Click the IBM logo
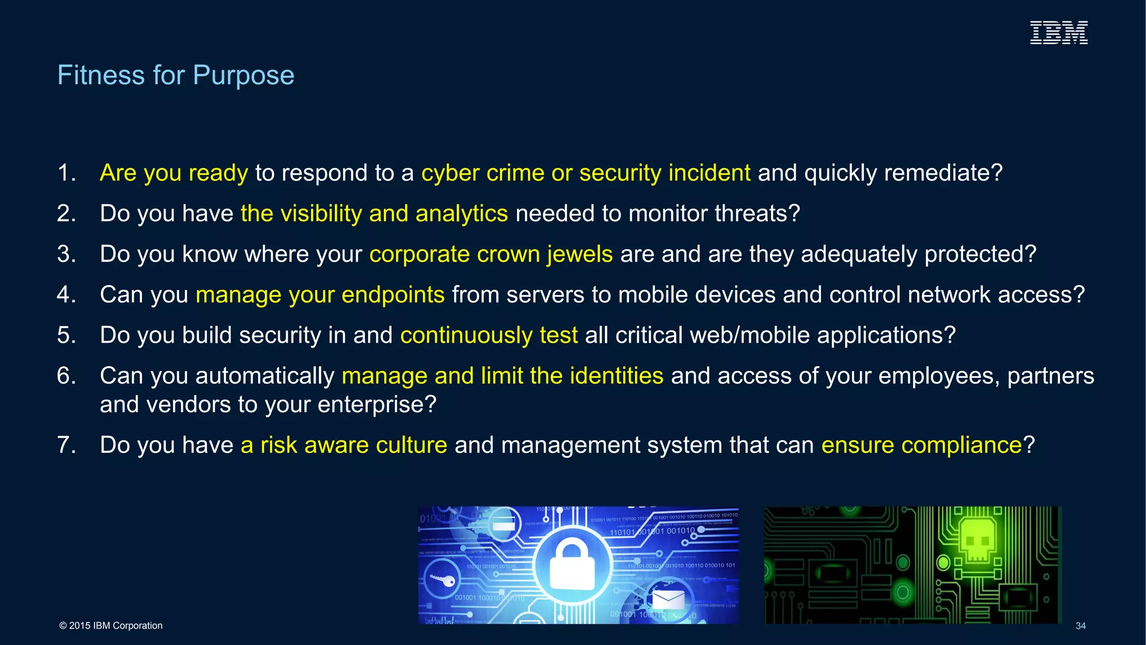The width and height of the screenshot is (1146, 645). [x=1059, y=32]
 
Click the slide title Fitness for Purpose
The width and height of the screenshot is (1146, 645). [x=176, y=75]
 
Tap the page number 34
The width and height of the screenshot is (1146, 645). [x=1081, y=626]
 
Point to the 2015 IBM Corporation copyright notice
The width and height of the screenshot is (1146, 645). [x=111, y=625]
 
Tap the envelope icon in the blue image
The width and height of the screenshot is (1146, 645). [x=668, y=600]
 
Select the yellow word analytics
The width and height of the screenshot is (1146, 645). [x=462, y=214]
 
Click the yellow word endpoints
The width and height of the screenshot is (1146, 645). [x=393, y=295]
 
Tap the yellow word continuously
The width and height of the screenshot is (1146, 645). [x=466, y=335]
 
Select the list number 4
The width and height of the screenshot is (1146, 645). [x=66, y=295]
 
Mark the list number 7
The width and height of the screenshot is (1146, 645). [x=66, y=445]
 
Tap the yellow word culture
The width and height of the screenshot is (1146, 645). [x=411, y=445]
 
